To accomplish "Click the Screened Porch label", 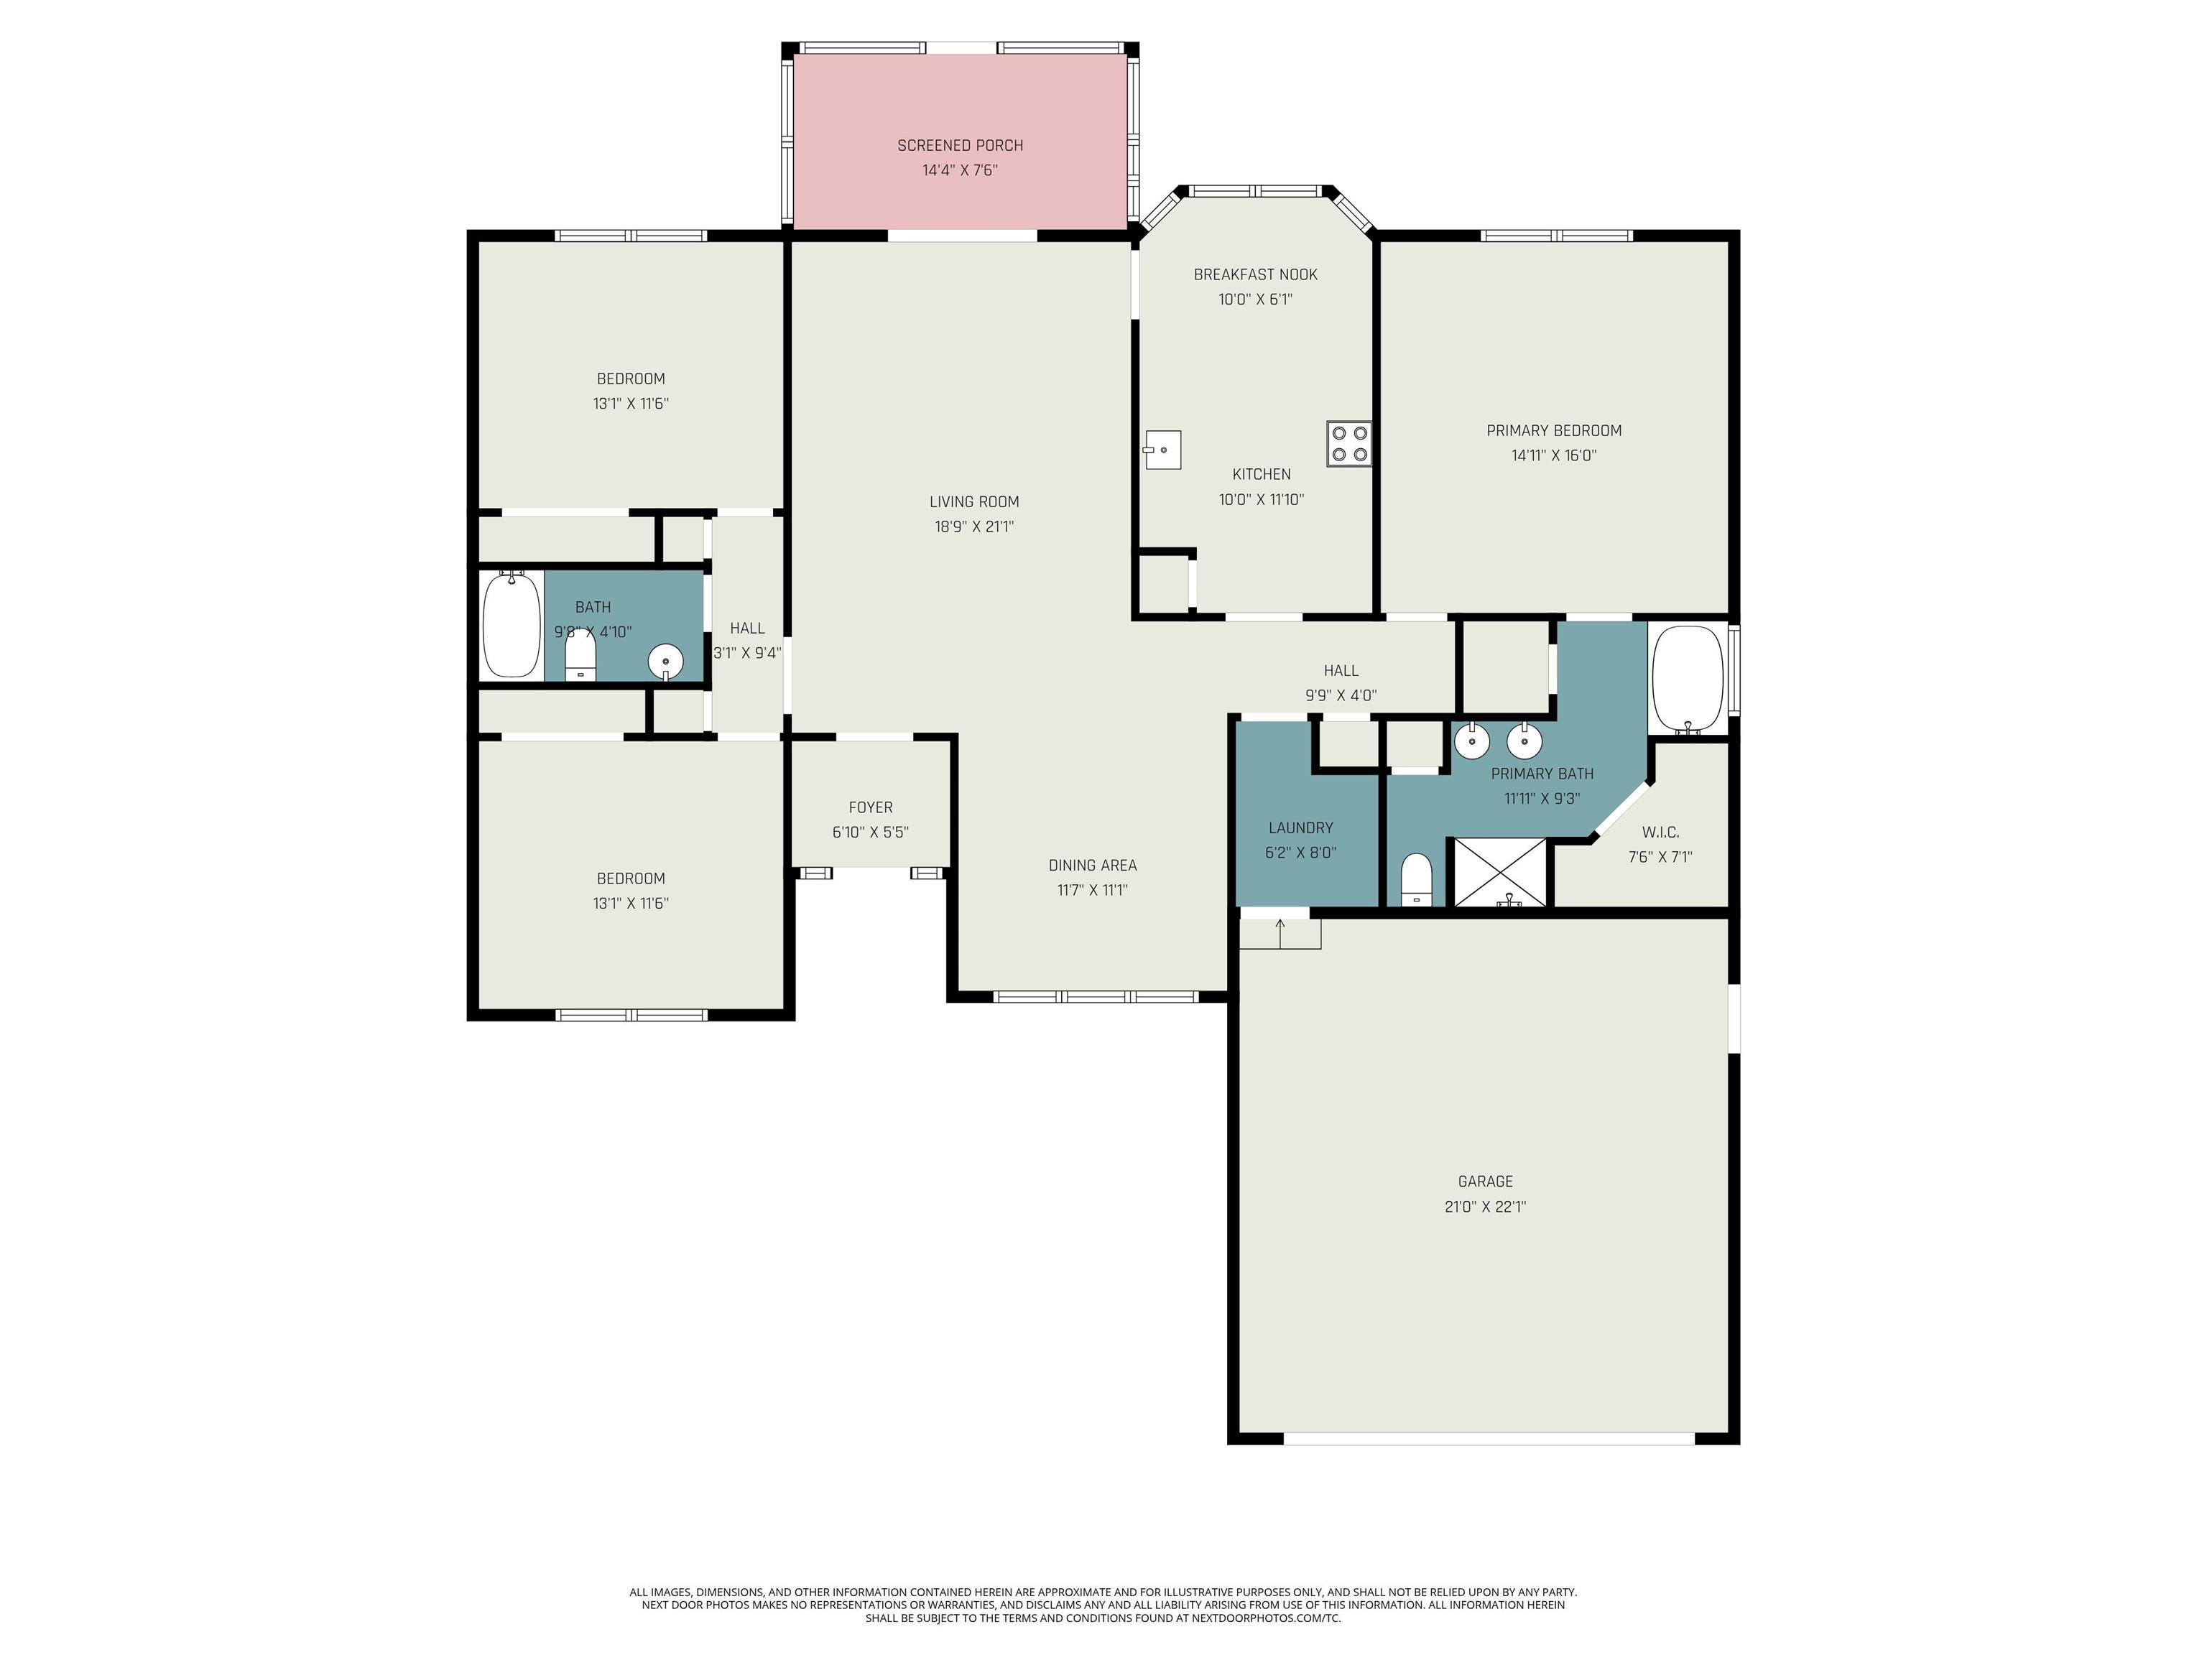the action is (960, 146).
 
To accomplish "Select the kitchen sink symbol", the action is (1162, 450).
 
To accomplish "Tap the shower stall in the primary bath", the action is (1499, 873).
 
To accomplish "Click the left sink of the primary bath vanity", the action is (1471, 741).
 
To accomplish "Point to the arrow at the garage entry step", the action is (1280, 934).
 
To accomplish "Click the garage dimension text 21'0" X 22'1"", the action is (1486, 1206).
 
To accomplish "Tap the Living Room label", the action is (973, 502).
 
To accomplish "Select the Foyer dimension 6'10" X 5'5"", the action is (870, 832).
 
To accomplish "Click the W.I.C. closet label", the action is (1660, 832).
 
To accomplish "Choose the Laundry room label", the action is (1300, 827).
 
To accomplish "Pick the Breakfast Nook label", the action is (1255, 274).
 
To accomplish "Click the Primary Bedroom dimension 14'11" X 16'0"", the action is (1553, 455).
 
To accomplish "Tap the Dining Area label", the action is (1093, 865).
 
